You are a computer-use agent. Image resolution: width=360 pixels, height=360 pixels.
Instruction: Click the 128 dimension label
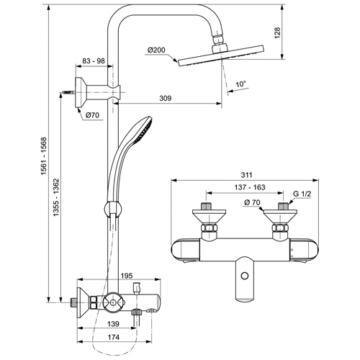click(x=277, y=33)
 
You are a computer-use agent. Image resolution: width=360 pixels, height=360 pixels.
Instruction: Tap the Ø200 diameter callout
click(x=156, y=50)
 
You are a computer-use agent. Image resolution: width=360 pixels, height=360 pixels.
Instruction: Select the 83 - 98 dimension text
click(x=94, y=60)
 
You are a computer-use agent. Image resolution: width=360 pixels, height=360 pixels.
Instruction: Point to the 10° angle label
click(x=240, y=84)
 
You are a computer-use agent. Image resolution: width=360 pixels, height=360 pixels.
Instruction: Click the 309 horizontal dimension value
click(x=166, y=98)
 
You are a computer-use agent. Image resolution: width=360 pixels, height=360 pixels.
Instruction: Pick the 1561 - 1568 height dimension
click(x=43, y=156)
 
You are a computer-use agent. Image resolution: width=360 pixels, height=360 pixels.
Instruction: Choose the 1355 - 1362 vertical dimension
click(x=56, y=197)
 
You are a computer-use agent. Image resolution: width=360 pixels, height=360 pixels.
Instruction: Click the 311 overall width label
click(x=246, y=175)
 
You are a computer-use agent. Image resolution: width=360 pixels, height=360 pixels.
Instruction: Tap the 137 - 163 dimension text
click(x=250, y=187)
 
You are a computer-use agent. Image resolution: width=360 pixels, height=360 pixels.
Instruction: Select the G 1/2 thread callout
click(x=302, y=194)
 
